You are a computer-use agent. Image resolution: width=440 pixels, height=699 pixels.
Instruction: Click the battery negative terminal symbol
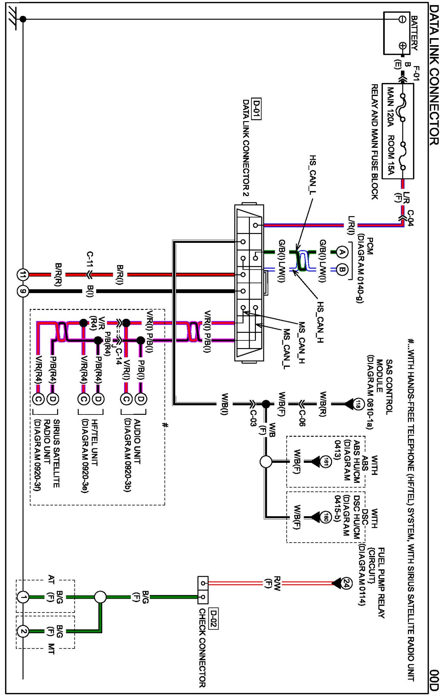(402, 19)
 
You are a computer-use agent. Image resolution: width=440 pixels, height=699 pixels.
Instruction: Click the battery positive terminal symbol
(402, 46)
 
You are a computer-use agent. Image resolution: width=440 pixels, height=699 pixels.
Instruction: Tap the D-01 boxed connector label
(256, 109)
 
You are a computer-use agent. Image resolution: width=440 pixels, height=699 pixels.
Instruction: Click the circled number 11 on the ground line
(23, 275)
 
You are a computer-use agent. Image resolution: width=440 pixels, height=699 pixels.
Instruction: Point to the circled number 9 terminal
(23, 291)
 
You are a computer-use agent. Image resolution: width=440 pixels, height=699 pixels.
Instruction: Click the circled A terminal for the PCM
(342, 252)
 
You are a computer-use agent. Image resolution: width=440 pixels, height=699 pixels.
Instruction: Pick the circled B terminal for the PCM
(342, 269)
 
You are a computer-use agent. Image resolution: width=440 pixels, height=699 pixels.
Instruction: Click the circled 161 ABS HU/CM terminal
(326, 461)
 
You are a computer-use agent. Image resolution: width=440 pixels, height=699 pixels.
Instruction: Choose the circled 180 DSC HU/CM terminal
(326, 517)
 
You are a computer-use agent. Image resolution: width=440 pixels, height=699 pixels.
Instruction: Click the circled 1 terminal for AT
(23, 597)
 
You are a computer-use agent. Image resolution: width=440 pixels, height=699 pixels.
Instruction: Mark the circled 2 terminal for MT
(23, 631)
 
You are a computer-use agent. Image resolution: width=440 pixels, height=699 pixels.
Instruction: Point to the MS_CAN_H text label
(302, 342)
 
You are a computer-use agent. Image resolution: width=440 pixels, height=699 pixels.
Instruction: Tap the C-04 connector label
(410, 218)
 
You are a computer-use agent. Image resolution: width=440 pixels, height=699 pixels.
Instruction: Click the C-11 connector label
(90, 259)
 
